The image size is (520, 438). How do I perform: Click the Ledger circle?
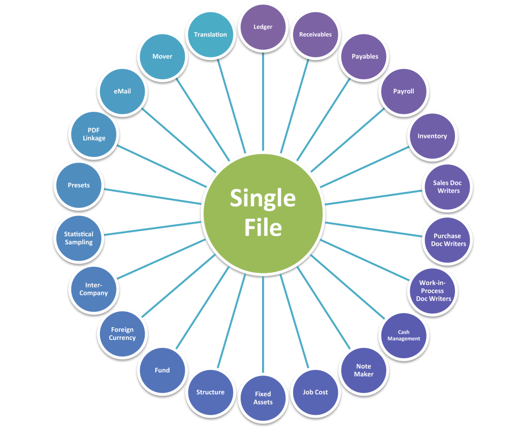point(263,27)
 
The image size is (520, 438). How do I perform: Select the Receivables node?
point(315,35)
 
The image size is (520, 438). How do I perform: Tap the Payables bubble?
point(365,56)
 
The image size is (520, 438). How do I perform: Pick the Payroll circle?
point(404,91)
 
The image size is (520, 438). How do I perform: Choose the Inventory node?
point(432,136)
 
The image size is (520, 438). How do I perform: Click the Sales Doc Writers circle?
point(447,187)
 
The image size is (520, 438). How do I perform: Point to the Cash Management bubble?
point(404,336)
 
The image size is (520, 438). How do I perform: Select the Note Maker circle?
point(364,370)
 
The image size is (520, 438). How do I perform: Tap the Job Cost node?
point(315,392)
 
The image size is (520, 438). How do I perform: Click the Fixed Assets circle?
point(263,398)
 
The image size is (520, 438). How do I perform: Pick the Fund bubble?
point(162,370)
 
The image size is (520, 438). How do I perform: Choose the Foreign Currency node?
point(122,334)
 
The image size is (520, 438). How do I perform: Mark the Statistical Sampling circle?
point(79,238)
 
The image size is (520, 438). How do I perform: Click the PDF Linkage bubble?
point(94,135)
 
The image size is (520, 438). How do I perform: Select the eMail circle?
point(122,91)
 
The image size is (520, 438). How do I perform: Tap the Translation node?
point(210,35)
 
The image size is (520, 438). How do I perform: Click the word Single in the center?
point(263,198)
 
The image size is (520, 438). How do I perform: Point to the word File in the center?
point(263,227)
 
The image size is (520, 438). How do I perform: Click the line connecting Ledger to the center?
point(263,102)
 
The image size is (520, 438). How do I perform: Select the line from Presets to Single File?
point(152,194)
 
